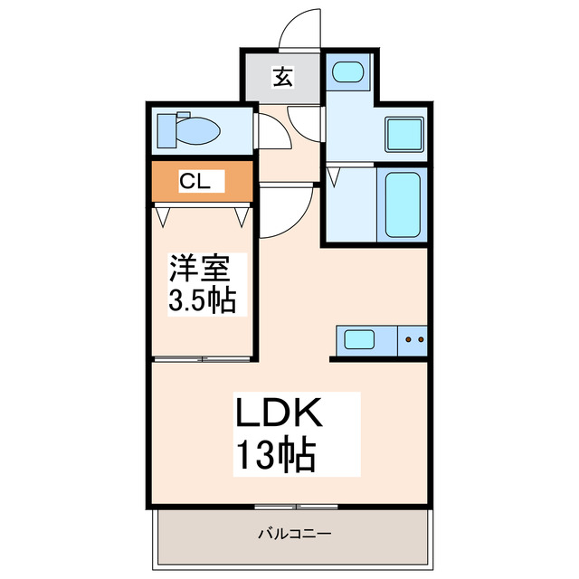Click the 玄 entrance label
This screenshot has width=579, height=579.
(x=282, y=79)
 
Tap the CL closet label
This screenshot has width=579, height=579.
(x=195, y=181)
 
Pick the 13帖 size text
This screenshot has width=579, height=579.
(x=276, y=455)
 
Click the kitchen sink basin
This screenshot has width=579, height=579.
(x=359, y=340)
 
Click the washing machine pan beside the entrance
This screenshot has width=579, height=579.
(x=346, y=71)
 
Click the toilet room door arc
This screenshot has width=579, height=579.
(x=271, y=134)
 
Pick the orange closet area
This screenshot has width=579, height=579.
(x=201, y=182)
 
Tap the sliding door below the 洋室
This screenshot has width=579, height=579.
(x=203, y=359)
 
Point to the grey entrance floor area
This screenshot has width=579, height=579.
(x=280, y=79)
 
